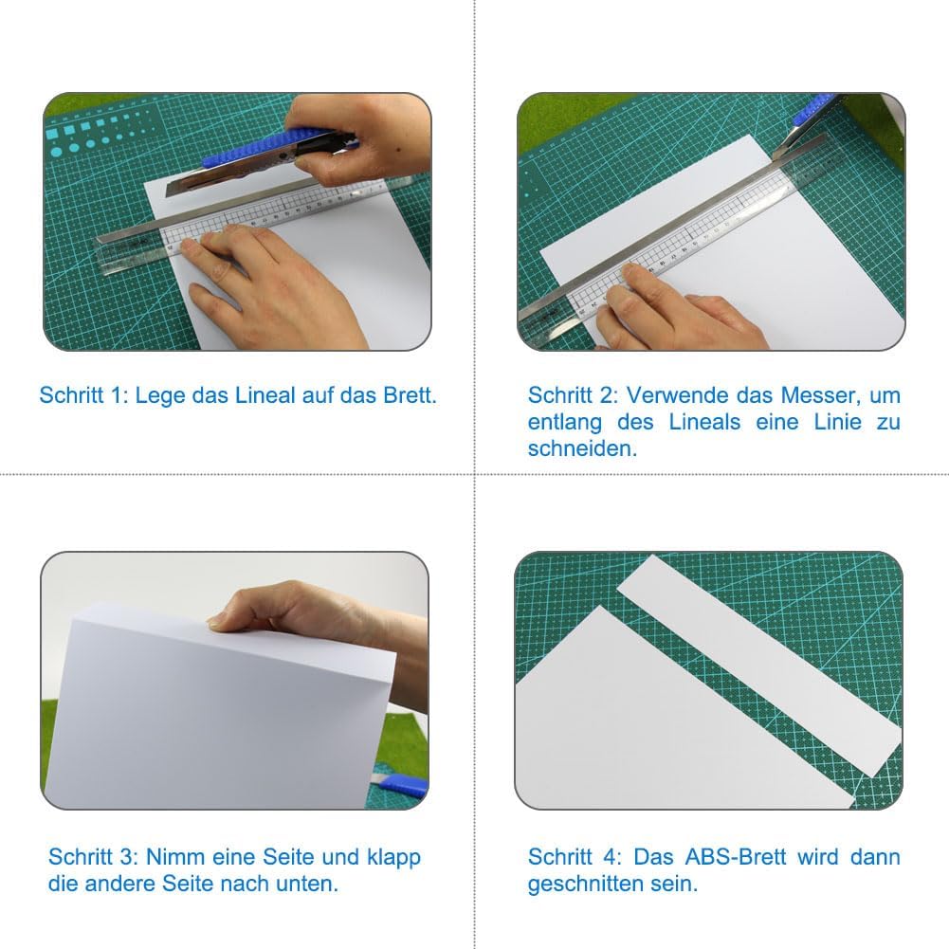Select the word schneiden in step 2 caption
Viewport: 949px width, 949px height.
[582, 448]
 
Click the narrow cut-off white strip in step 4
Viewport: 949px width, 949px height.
[759, 666]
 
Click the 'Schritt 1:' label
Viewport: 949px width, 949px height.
[84, 395]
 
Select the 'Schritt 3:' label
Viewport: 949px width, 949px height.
[93, 857]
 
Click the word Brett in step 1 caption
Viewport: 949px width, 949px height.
[410, 395]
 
